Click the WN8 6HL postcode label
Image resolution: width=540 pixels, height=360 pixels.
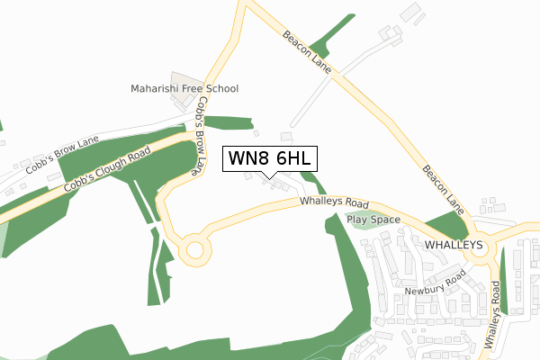pyautogui.click(x=269, y=157)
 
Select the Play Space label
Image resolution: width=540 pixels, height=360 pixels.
pyautogui.click(x=373, y=219)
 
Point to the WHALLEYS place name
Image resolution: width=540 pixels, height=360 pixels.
pyautogui.click(x=454, y=244)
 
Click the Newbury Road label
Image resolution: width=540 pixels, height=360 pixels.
pyautogui.click(x=432, y=290)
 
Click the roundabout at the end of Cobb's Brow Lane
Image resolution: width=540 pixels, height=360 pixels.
pyautogui.click(x=193, y=249)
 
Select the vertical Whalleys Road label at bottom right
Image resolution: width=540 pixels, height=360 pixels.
pyautogui.click(x=491, y=315)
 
